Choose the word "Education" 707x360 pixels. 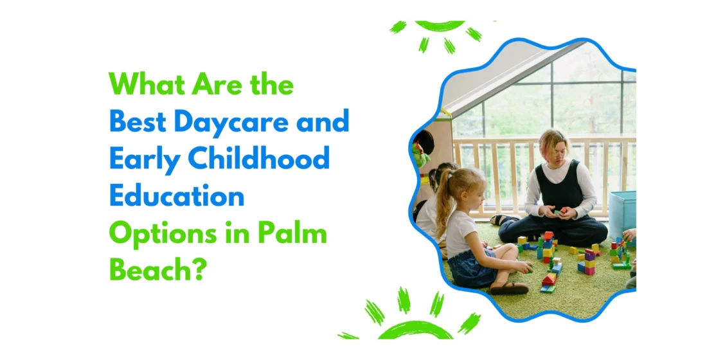coord(177,196)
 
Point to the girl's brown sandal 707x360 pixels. coord(508,288)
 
